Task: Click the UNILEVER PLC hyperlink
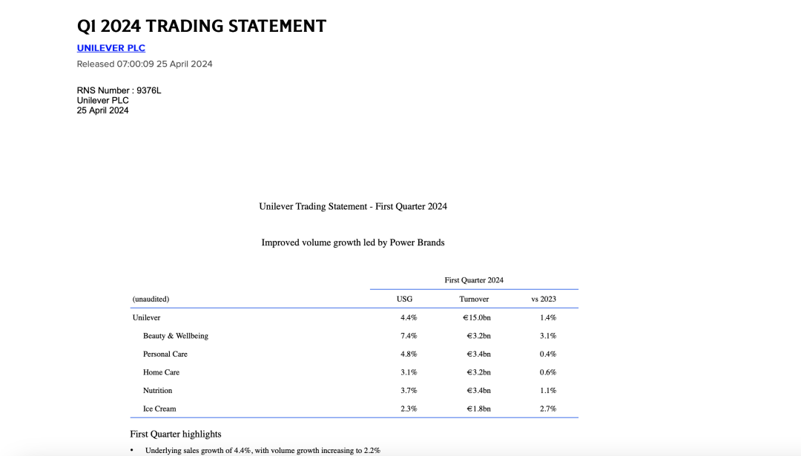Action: (111, 48)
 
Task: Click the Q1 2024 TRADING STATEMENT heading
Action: (202, 26)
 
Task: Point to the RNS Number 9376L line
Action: (119, 90)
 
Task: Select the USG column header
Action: (404, 299)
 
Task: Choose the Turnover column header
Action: (474, 299)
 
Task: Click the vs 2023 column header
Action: (544, 299)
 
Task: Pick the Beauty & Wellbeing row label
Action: (176, 336)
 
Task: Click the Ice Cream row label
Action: (159, 409)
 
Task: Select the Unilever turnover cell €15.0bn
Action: (477, 317)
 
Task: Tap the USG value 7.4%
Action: (409, 336)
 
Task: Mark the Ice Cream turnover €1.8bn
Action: (478, 409)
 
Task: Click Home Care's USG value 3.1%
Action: (409, 372)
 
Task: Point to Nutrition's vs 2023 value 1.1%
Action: (548, 391)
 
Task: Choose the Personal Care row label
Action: (165, 354)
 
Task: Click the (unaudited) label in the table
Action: (151, 299)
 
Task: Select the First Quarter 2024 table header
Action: (474, 280)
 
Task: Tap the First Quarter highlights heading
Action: (176, 434)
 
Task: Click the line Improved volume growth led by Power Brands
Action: (353, 242)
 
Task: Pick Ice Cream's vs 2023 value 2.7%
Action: (548, 409)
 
